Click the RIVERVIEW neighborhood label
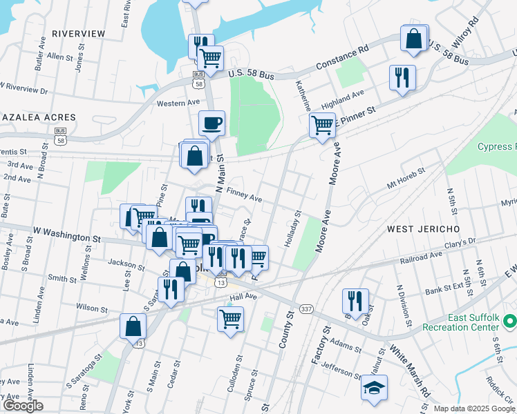pos(78,34)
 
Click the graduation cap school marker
pos(374,387)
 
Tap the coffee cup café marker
pos(211,123)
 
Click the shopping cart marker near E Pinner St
pos(322,126)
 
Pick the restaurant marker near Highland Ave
pos(402,77)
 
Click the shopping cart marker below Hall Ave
pos(230,319)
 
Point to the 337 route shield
pos(305,308)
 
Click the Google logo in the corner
pos(22,406)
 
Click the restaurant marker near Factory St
pos(355,301)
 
